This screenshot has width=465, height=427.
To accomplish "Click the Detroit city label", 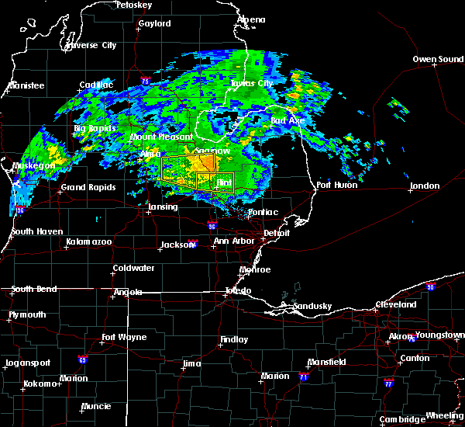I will click(x=276, y=233).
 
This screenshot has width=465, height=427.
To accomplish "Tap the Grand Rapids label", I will click(x=89, y=187).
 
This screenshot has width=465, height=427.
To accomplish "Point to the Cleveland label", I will click(x=394, y=305).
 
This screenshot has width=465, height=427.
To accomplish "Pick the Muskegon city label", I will click(x=33, y=165).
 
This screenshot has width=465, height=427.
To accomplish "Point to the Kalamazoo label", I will click(x=88, y=242).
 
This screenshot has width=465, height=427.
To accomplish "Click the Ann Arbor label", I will click(x=232, y=241).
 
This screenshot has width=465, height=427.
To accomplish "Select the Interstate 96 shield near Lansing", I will click(x=212, y=224).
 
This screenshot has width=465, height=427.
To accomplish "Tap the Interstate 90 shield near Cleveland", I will click(x=430, y=287).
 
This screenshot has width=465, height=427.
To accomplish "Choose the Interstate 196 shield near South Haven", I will click(x=19, y=210).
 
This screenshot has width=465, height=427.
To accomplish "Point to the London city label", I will click(x=425, y=186).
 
